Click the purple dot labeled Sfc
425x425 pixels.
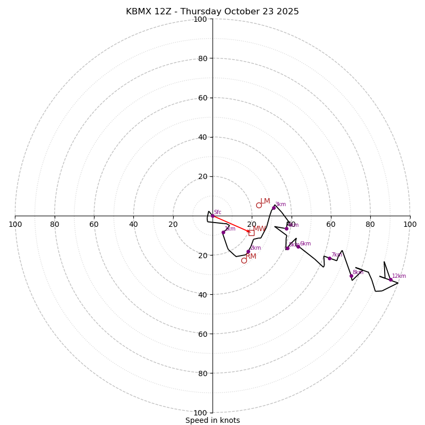(x=212, y=216)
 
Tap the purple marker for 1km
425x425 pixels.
(x=223, y=232)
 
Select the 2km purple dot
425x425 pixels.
(x=248, y=252)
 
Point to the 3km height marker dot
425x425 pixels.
(x=274, y=208)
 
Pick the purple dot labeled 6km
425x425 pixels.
(x=298, y=246)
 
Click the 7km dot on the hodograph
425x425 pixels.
(x=329, y=258)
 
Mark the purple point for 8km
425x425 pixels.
(x=351, y=276)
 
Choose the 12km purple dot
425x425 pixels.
(x=390, y=279)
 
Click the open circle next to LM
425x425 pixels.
(x=259, y=205)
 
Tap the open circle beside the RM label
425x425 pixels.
(x=244, y=260)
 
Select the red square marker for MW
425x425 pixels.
(x=251, y=233)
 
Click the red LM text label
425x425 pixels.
(x=265, y=201)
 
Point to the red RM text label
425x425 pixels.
(x=251, y=257)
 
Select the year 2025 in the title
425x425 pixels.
(x=288, y=12)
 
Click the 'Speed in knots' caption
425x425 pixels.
(x=212, y=420)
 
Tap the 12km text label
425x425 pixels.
(x=399, y=276)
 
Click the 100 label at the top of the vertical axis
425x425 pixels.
(x=200, y=19)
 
